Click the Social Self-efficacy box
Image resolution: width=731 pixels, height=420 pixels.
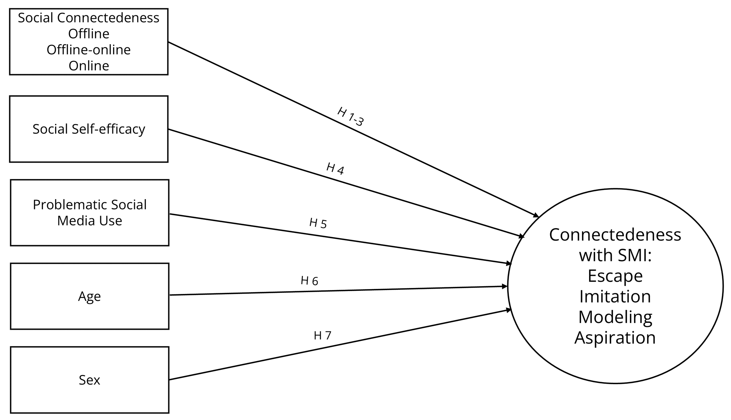pyautogui.click(x=89, y=129)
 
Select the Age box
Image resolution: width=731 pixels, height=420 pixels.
pyautogui.click(x=90, y=296)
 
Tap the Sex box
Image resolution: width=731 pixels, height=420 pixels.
pyautogui.click(x=90, y=380)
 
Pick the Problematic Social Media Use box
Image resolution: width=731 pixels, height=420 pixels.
pyautogui.click(x=90, y=213)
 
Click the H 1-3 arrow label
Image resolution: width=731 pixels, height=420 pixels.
pyautogui.click(x=351, y=117)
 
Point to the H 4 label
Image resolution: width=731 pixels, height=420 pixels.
pyautogui.click(x=335, y=169)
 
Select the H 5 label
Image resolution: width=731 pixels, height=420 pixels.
pyautogui.click(x=318, y=223)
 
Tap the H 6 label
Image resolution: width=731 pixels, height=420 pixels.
pyautogui.click(x=309, y=281)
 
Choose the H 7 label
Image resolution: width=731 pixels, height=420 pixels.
pyautogui.click(x=322, y=336)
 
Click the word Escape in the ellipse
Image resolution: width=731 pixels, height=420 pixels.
pyautogui.click(x=615, y=276)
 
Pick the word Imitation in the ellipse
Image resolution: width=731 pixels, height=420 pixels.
pyautogui.click(x=615, y=296)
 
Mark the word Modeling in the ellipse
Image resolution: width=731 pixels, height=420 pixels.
pyautogui.click(x=615, y=317)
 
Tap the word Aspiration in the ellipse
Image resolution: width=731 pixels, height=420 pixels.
pyautogui.click(x=615, y=337)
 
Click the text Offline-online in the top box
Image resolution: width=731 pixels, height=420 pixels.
pyautogui.click(x=89, y=50)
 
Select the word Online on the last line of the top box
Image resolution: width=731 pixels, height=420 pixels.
pyautogui.click(x=89, y=66)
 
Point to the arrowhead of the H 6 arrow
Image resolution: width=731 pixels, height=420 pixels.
pyautogui.click(x=505, y=287)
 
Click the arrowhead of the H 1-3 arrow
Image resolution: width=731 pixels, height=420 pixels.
pyautogui.click(x=536, y=215)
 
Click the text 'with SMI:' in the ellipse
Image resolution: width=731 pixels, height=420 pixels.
pyautogui.click(x=615, y=255)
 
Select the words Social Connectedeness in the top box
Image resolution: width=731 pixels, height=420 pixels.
pyautogui.click(x=89, y=18)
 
